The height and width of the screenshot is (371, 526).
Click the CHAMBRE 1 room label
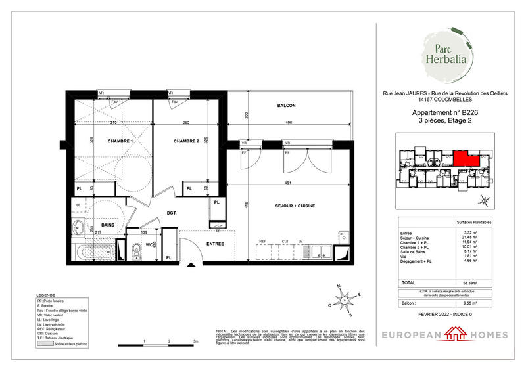coord(120,142)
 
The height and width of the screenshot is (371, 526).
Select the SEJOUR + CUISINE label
coord(295,206)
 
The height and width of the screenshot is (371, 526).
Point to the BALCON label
coord(286,106)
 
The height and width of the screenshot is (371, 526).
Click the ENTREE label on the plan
coord(215,244)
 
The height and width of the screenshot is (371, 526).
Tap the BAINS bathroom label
coord(108,225)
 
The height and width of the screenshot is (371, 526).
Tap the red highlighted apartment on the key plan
coord(466,158)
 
